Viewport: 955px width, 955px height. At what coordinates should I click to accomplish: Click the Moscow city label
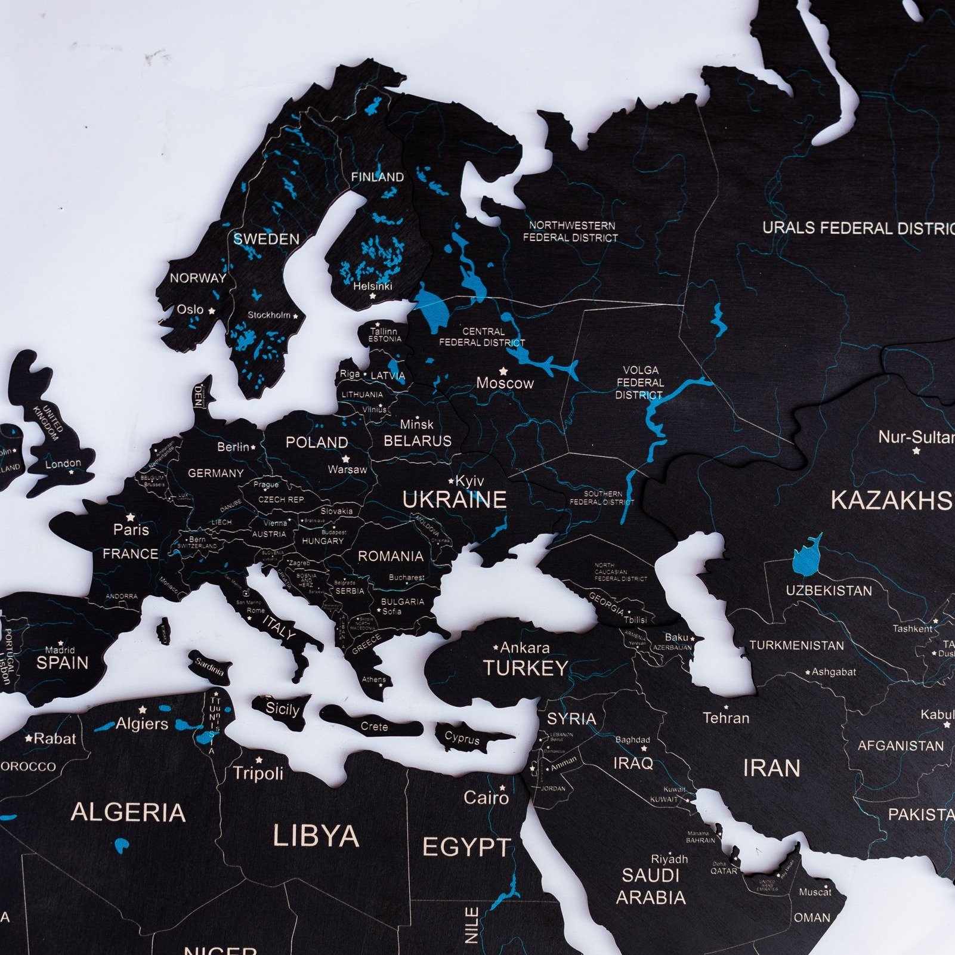[505, 383]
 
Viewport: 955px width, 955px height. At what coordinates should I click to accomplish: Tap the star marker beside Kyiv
[451, 480]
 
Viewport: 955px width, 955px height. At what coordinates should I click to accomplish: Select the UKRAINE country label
[455, 500]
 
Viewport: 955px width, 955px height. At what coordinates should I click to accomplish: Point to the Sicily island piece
[282, 709]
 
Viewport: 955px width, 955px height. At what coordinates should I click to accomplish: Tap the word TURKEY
[526, 668]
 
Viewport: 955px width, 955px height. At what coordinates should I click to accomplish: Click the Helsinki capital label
[373, 286]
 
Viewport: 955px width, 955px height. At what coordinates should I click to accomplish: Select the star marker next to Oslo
[211, 311]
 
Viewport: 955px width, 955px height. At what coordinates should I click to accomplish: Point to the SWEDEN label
[266, 239]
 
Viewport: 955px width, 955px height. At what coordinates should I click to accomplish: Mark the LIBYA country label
[316, 836]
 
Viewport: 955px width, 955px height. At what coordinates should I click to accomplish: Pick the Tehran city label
[725, 718]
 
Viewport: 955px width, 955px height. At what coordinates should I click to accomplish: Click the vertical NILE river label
[472, 925]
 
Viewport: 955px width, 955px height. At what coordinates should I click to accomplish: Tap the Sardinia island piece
[209, 666]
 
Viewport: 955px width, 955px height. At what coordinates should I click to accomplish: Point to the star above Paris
[131, 517]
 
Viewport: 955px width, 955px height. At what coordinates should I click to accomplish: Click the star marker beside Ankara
[496, 647]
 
